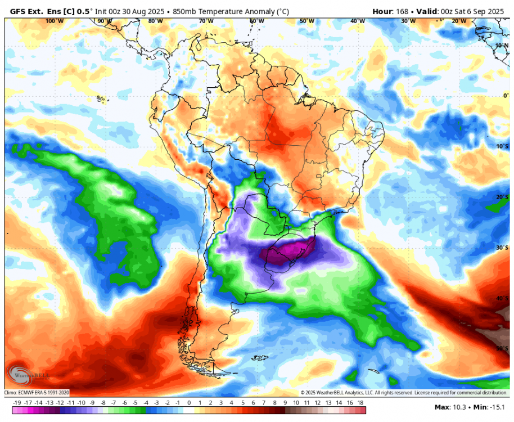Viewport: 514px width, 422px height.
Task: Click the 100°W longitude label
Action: coord(54,21)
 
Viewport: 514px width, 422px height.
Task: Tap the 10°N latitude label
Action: coord(502,45)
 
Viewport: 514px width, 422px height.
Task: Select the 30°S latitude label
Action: coord(502,248)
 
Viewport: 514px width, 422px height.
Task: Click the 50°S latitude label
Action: coord(502,349)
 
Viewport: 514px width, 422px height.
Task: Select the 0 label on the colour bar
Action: coord(188,403)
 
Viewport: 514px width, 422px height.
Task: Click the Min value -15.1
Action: coord(496,407)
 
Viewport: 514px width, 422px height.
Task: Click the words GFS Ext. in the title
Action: coord(26,11)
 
